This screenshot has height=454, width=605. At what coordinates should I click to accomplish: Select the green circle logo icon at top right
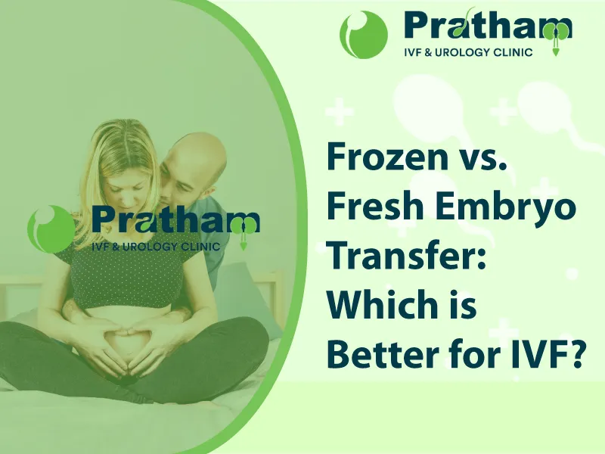coord(364,35)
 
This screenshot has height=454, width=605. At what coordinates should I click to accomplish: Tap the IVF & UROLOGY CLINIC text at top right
coord(468,52)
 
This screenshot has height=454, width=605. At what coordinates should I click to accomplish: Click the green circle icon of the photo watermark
coord(51,229)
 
